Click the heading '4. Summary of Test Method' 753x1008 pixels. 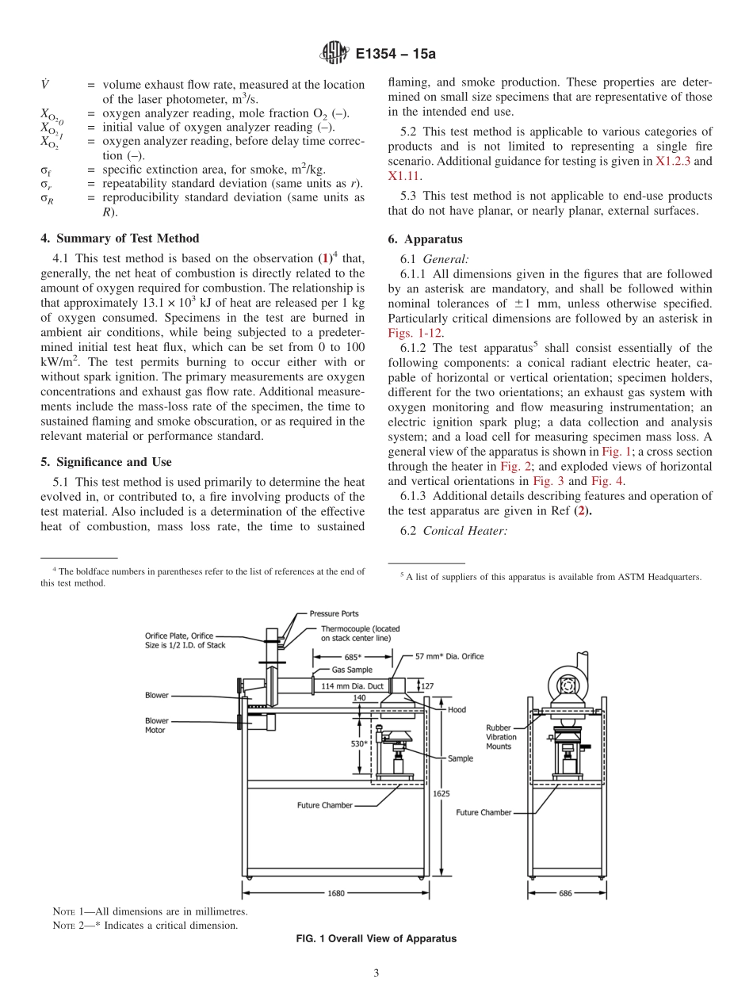[x=120, y=238]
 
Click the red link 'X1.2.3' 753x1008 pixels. [x=674, y=161]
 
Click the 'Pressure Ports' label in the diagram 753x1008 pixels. [x=334, y=613]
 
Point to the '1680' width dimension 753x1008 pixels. [x=336, y=893]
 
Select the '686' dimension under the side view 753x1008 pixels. [x=565, y=893]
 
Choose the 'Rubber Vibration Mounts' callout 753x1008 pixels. [x=501, y=737]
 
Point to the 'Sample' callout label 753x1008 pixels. [x=460, y=758]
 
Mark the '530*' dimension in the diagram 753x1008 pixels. [x=358, y=744]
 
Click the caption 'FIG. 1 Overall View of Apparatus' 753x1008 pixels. [x=376, y=938]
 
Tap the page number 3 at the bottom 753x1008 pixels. [x=376, y=973]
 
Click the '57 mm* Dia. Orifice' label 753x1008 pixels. [x=449, y=656]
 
